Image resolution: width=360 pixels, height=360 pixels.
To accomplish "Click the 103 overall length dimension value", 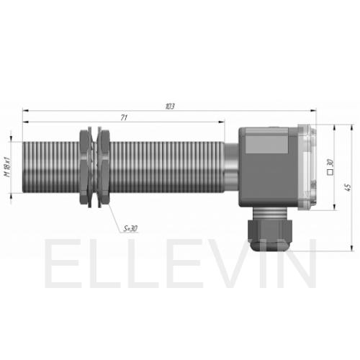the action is pos(170,107).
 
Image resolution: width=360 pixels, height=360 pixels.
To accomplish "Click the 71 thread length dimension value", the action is pos(124,118).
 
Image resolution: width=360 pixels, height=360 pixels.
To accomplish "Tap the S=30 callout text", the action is pos(130,228).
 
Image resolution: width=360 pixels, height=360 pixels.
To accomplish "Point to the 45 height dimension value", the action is pos(348,187).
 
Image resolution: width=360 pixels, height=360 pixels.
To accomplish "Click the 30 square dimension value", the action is pos(330,163).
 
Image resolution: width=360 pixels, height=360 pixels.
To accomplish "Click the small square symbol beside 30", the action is pos(330,172).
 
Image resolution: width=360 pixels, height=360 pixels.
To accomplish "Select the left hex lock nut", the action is pos(84,167).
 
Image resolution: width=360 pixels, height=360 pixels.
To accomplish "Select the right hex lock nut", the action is pos(104,167).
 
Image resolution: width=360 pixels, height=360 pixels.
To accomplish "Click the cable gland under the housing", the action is pos(270,229).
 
